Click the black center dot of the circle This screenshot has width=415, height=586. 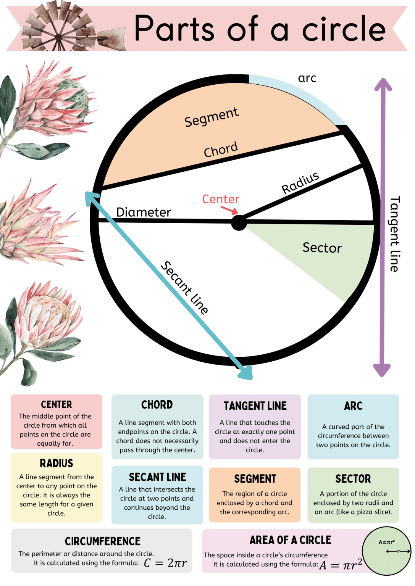click(239, 222)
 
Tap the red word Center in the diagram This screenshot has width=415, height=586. click(221, 199)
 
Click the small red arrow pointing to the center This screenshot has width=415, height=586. click(230, 210)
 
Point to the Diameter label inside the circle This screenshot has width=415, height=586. click(144, 212)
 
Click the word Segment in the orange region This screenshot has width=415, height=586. click(212, 117)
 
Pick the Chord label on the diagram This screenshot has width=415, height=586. click(221, 150)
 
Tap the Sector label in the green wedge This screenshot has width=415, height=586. click(322, 248)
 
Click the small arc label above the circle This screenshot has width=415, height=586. click(307, 78)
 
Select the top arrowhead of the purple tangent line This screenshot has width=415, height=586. click(383, 85)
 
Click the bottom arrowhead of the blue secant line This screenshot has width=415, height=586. click(245, 372)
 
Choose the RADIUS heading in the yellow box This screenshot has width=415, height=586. click(57, 463)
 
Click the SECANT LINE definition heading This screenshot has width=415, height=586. click(157, 477)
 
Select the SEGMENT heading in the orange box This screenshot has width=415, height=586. click(255, 478)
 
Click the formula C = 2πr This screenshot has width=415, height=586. click(166, 563)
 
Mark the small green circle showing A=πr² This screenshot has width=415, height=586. click(386, 551)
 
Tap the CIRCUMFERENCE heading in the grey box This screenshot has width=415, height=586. click(103, 541)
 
